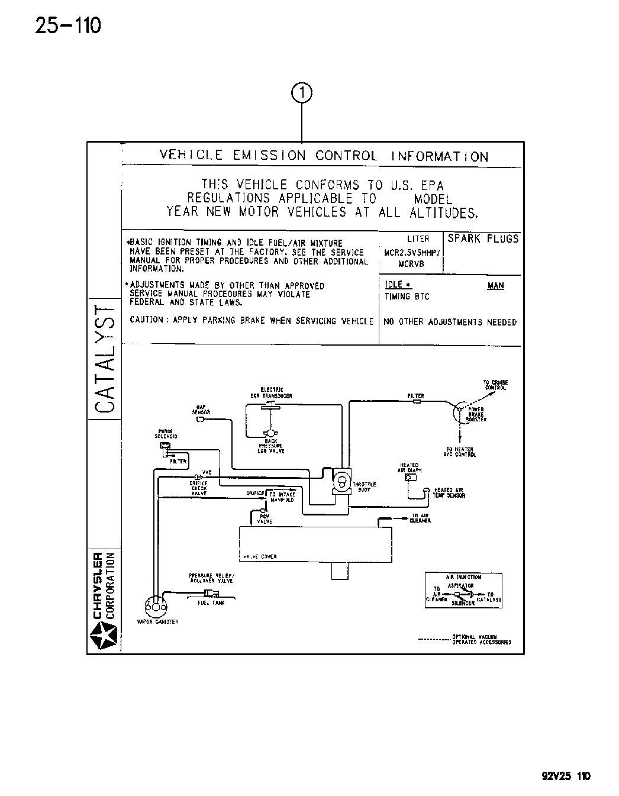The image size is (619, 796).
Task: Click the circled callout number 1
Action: pyautogui.click(x=302, y=93)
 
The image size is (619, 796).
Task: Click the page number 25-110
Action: pyautogui.click(x=68, y=25)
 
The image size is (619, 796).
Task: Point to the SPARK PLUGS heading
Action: pyautogui.click(x=483, y=239)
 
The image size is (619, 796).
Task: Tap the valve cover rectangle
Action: pyautogui.click(x=314, y=544)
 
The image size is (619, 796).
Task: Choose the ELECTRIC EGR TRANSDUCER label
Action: pyautogui.click(x=271, y=393)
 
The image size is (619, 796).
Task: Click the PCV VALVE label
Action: pyautogui.click(x=265, y=519)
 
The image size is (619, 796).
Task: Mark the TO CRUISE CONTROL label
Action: pyautogui.click(x=496, y=385)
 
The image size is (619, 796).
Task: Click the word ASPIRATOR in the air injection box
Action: pyautogui.click(x=461, y=585)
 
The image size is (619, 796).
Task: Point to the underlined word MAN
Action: pyautogui.click(x=495, y=286)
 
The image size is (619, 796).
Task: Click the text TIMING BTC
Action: pyautogui.click(x=407, y=297)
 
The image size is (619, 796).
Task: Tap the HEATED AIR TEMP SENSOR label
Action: pyautogui.click(x=450, y=492)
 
